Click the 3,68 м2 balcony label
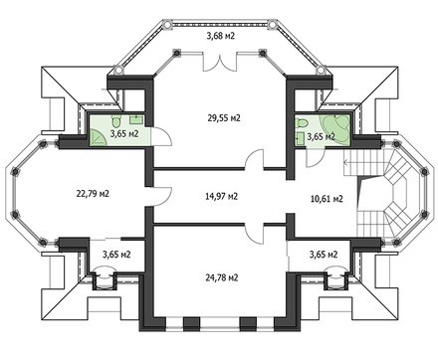[220, 38]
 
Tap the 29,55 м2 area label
[224, 117]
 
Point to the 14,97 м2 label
[220, 197]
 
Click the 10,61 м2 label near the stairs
[325, 199]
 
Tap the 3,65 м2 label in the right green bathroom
[321, 137]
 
